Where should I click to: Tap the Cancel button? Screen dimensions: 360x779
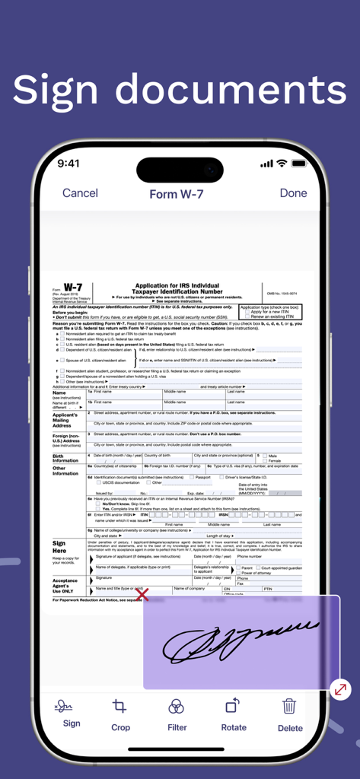pyautogui.click(x=80, y=193)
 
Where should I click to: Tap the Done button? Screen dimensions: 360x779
pyautogui.click(x=293, y=193)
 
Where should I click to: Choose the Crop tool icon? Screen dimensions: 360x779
pyautogui.click(x=119, y=707)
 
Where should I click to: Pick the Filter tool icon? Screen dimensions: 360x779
pyautogui.click(x=177, y=707)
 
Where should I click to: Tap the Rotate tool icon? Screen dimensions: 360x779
pyautogui.click(x=233, y=707)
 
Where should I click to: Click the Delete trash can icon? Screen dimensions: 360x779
pyautogui.click(x=289, y=707)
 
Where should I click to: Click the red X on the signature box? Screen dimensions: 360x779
pyautogui.click(x=142, y=595)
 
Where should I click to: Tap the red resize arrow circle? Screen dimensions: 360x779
pyautogui.click(x=340, y=690)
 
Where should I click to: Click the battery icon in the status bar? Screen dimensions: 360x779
pyautogui.click(x=298, y=164)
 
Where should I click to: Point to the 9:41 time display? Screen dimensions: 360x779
pyautogui.click(x=68, y=164)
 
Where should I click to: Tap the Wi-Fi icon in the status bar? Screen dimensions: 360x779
pyautogui.click(x=282, y=164)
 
